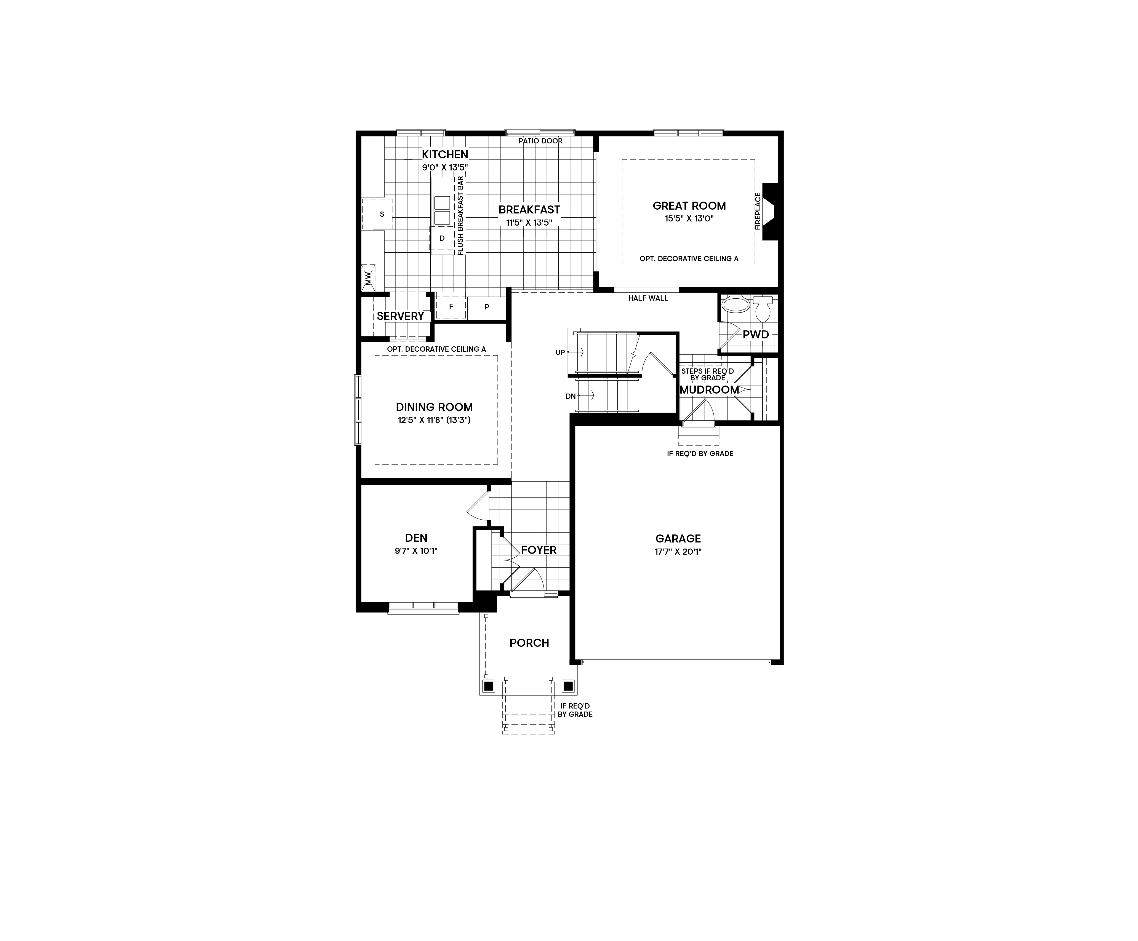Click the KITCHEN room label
445,154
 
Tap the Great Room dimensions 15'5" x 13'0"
689,219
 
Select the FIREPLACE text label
758,211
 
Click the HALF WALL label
648,298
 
